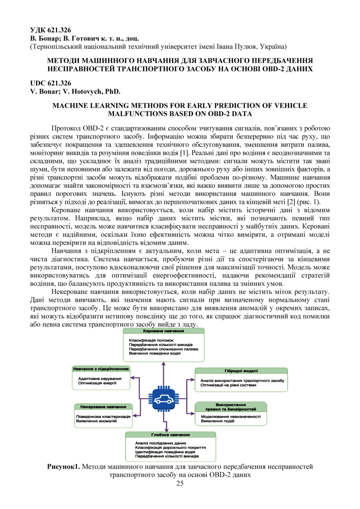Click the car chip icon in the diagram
tap(163, 399)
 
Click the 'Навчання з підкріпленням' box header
tap(101, 369)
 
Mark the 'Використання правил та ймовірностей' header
tap(231, 406)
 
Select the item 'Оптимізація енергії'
tap(97, 383)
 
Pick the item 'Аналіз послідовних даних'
tap(161, 443)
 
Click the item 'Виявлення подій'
tap(215, 421)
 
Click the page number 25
tap(180, 483)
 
